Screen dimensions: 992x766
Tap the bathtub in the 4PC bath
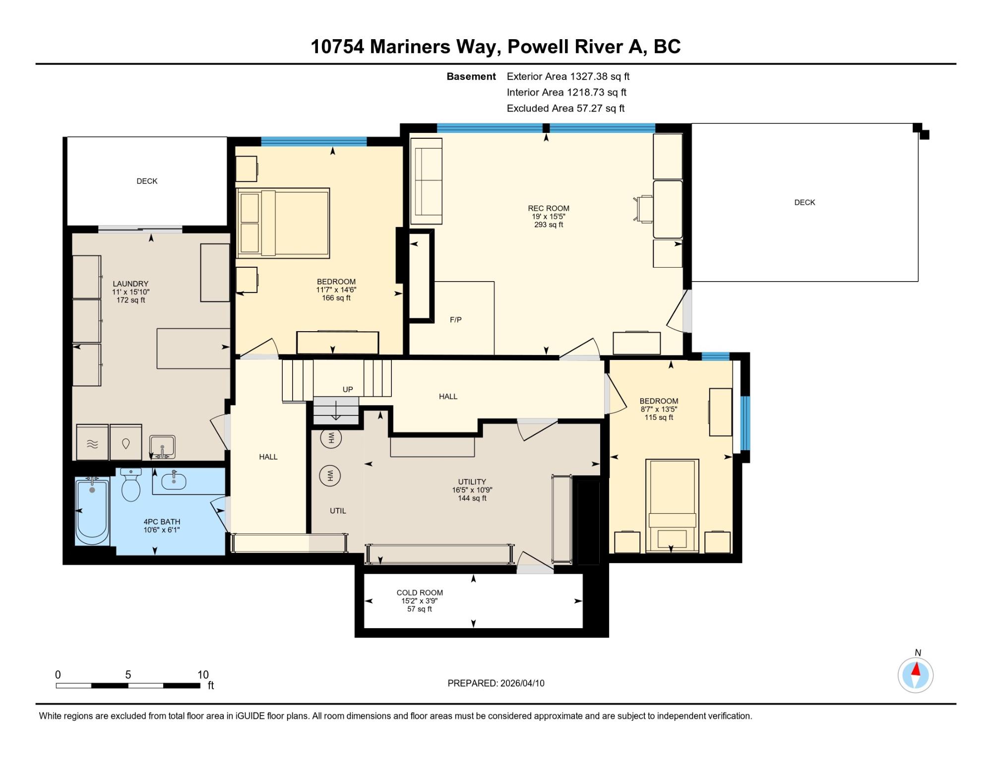[x=92, y=511]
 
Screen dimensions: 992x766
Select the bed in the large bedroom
[x=283, y=223]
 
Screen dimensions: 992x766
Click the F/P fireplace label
[x=456, y=320]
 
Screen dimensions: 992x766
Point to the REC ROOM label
[x=549, y=208]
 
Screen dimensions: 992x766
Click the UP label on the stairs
[x=348, y=390]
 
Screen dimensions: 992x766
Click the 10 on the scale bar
[x=203, y=674]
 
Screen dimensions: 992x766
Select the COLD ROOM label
[x=420, y=592]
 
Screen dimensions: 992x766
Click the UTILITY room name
[x=472, y=481]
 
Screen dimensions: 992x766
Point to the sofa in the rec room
[x=426, y=181]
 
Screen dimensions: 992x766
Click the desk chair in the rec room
[x=644, y=209]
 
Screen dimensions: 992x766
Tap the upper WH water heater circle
[x=331, y=438]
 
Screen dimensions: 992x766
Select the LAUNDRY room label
[x=130, y=284]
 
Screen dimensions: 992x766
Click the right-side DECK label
[x=805, y=202]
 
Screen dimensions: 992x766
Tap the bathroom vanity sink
[x=174, y=480]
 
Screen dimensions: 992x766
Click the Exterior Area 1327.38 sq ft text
[x=568, y=76]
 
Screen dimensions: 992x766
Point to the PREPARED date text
[x=496, y=683]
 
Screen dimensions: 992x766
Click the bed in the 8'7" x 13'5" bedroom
[x=672, y=506]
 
